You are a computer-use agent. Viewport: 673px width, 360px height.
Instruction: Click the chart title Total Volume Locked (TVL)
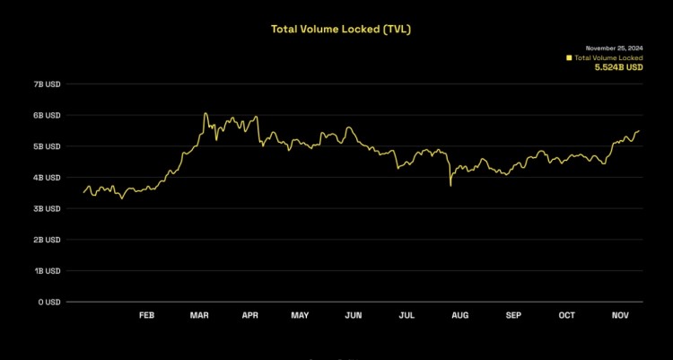(341, 29)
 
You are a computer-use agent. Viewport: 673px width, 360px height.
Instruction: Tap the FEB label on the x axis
(147, 315)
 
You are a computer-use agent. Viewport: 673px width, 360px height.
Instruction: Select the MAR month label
(199, 315)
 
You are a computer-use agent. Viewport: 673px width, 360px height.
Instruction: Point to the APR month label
(249, 315)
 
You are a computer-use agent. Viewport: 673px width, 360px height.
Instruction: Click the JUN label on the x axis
(354, 315)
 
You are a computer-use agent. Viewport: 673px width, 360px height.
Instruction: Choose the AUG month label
(459, 315)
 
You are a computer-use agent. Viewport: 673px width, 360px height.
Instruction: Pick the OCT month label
(566, 315)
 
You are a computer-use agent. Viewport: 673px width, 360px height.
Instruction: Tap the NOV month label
(619, 315)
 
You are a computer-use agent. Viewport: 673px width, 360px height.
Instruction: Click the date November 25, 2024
(615, 48)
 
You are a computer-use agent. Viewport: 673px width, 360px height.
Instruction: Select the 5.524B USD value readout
(619, 66)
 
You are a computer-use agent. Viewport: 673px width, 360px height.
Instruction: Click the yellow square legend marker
(568, 57)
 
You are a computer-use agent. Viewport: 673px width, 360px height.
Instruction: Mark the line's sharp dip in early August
(450, 185)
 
